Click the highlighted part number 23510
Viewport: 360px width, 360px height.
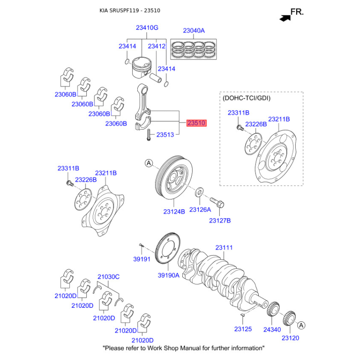point(197,123)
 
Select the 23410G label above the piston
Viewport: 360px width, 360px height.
point(147,27)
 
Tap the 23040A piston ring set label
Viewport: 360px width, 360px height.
point(193,31)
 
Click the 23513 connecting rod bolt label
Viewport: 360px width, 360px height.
point(165,135)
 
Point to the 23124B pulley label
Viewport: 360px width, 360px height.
point(174,211)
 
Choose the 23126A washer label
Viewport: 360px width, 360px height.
point(200,210)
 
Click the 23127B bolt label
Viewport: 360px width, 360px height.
point(220,220)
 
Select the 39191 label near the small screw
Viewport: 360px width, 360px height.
point(142,260)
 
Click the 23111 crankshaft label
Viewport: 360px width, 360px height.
point(224,248)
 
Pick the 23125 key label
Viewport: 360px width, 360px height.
point(243,329)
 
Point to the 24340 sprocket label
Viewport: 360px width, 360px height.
point(272,329)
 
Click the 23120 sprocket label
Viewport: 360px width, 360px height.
point(290,337)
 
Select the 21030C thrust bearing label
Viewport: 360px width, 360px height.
point(108,277)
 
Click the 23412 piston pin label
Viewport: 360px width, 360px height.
point(157,46)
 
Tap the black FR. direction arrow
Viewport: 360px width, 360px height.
point(284,18)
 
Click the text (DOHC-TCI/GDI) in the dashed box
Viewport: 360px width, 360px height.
point(247,98)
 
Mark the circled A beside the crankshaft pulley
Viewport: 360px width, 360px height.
point(148,163)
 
